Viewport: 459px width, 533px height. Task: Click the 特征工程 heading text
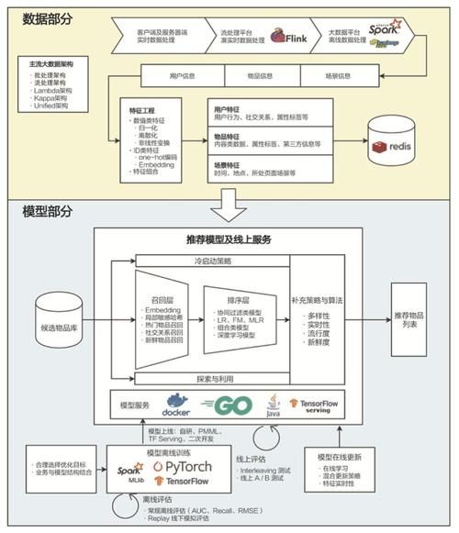pyautogui.click(x=144, y=109)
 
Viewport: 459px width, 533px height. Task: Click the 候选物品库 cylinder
pyautogui.click(x=58, y=317)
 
